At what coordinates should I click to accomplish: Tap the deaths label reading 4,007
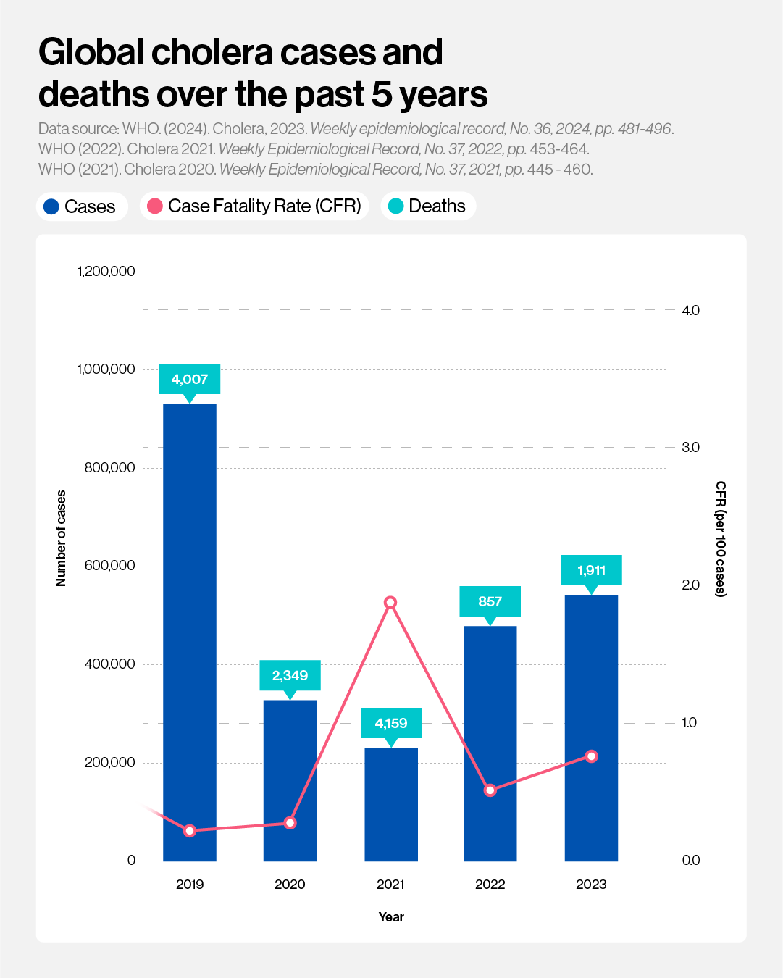[x=190, y=379]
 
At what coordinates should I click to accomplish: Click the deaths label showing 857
[x=490, y=601]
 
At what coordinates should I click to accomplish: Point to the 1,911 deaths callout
[x=591, y=570]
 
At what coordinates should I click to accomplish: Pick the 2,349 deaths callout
[x=290, y=675]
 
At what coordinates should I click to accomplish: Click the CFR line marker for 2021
[x=390, y=603]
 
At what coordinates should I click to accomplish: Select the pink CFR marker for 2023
[x=591, y=756]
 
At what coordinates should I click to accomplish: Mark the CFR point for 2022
[x=490, y=790]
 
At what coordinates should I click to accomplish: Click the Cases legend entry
[x=81, y=206]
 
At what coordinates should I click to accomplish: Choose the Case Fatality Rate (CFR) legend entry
[x=255, y=206]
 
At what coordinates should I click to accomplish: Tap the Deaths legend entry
[x=428, y=206]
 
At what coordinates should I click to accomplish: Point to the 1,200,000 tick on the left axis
[x=106, y=272]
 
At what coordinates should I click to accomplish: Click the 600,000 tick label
[x=110, y=566]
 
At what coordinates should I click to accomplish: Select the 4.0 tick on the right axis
[x=690, y=310]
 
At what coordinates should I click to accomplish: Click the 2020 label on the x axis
[x=290, y=884]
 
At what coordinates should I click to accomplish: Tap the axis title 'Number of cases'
[x=61, y=538]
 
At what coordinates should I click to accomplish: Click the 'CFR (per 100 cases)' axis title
[x=721, y=538]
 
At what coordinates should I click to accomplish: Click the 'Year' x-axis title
[x=391, y=917]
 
